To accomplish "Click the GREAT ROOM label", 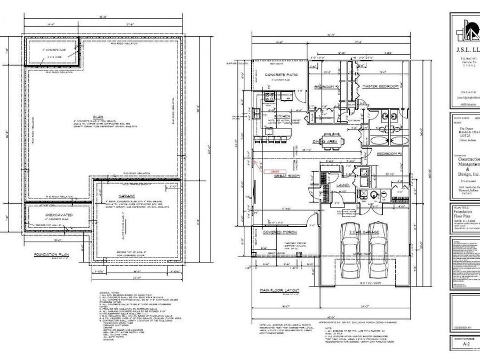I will point(285,174).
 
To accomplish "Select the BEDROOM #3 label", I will point(389,154).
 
